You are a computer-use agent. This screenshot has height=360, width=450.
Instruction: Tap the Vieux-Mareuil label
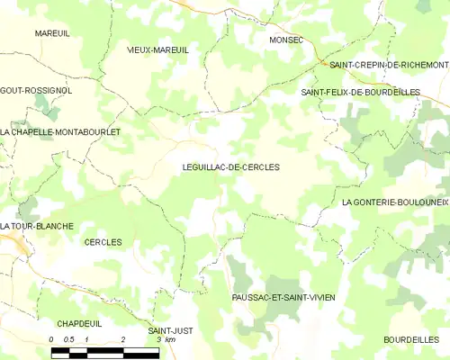tap(157, 50)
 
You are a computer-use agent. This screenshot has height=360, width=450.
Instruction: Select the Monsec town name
tap(286, 40)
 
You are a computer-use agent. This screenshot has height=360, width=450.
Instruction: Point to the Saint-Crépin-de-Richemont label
tap(389, 66)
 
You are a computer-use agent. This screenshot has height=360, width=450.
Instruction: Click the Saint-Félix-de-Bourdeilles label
tap(360, 92)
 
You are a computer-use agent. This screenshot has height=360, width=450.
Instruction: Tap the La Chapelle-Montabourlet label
tap(60, 131)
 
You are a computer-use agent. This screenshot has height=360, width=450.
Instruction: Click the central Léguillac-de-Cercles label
tap(230, 167)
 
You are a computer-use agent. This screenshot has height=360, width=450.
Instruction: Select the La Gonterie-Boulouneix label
tap(395, 202)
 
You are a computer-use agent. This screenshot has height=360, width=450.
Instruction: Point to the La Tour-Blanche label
tap(37, 225)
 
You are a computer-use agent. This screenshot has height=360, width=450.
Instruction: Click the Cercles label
tap(103, 242)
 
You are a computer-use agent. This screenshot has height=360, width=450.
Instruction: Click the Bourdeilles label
tap(409, 339)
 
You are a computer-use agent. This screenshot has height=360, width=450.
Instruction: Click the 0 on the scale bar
tap(51, 339)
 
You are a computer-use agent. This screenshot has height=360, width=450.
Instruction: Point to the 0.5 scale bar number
tap(67, 339)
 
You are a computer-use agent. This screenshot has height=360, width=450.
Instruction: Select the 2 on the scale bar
tap(122, 339)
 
